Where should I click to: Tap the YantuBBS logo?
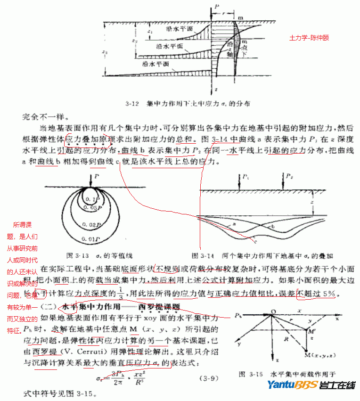[311, 385]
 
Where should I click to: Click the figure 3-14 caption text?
[262, 256]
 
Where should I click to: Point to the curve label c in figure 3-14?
[255, 241]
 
